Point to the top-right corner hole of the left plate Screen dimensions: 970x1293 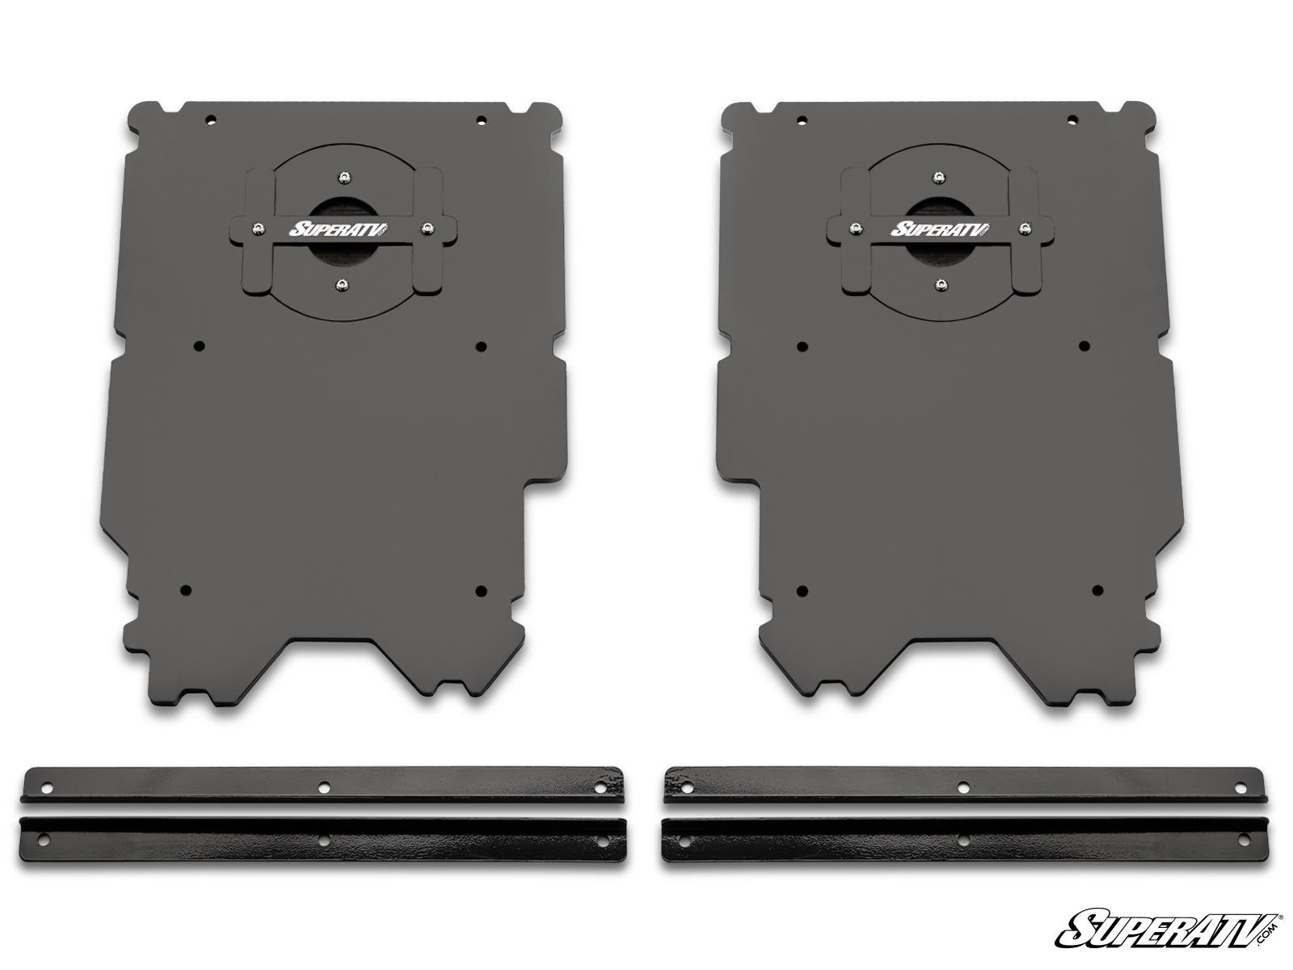(482, 120)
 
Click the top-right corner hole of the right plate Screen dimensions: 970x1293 (1072, 120)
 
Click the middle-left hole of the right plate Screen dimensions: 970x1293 (802, 347)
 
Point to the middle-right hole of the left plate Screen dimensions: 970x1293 (482, 347)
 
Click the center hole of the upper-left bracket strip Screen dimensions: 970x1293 (323, 785)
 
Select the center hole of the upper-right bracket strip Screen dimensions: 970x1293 (962, 785)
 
